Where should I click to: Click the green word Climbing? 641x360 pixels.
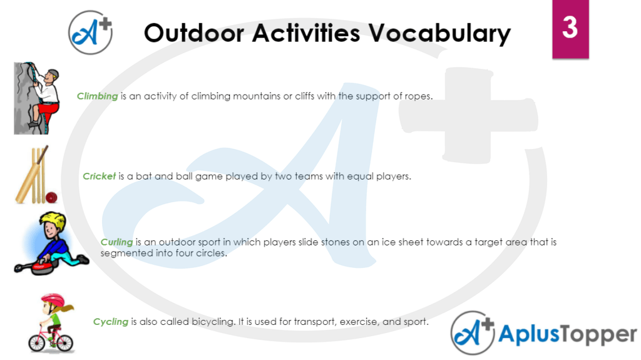(97, 96)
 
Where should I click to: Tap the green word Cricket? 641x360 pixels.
(99, 177)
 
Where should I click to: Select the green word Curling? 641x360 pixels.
(116, 242)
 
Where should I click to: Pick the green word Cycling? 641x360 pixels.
(110, 322)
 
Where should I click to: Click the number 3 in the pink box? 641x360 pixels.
(570, 28)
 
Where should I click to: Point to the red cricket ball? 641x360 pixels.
(51, 197)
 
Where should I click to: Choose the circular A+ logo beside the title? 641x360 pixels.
(91, 31)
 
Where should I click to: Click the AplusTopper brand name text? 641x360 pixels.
(567, 334)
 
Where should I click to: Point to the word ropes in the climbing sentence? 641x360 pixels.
(418, 96)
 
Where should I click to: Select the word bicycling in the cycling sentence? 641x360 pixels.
(212, 322)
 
